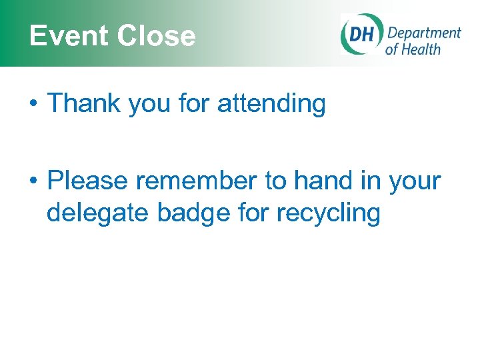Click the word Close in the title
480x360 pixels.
pyautogui.click(x=157, y=36)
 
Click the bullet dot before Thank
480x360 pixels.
pyautogui.click(x=32, y=105)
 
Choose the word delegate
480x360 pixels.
pyautogui.click(x=98, y=213)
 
